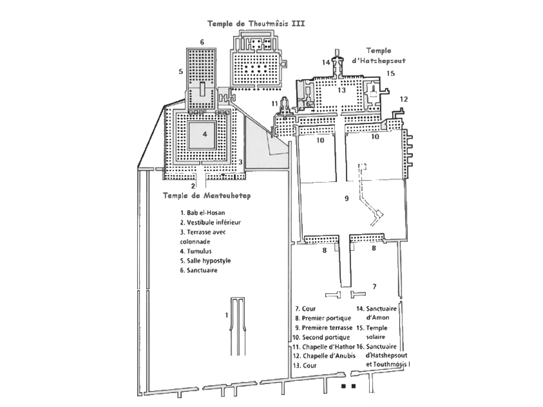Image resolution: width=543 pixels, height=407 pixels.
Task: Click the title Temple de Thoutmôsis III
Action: tap(256, 24)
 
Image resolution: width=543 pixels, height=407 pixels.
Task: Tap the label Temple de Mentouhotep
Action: tap(207, 196)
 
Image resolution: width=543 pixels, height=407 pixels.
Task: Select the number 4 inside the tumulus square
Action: tap(205, 134)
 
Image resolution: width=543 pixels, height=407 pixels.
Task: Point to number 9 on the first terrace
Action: tap(347, 198)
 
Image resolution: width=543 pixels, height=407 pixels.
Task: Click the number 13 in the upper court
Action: tap(341, 90)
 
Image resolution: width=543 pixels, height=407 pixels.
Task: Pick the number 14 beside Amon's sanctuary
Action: tap(326, 62)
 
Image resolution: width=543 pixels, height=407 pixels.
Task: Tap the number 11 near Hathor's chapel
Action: tap(275, 104)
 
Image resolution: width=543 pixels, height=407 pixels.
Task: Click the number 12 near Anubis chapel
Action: tap(404, 99)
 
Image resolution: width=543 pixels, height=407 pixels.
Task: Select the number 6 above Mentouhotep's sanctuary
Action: tap(202, 42)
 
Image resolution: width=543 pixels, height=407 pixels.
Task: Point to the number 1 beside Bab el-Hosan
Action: tap(226, 315)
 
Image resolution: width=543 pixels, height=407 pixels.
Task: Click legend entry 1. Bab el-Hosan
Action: tap(203, 213)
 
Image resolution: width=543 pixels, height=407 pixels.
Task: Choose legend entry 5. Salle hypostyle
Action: tap(205, 261)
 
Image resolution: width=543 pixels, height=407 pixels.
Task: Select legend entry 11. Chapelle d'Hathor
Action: tap(324, 347)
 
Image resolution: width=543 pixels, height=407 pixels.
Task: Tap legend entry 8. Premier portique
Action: tap(323, 318)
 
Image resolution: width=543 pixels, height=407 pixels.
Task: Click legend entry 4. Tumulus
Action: tap(196, 251)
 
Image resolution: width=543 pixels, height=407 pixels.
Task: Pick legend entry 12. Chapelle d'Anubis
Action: tap(324, 356)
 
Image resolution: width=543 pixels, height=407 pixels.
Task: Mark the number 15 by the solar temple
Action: tap(391, 73)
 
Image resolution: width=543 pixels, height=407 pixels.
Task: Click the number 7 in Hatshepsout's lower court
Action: tap(374, 287)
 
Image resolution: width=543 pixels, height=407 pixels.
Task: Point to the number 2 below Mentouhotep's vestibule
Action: tap(193, 186)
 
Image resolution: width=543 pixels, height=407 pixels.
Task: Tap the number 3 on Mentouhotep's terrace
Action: tap(240, 162)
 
